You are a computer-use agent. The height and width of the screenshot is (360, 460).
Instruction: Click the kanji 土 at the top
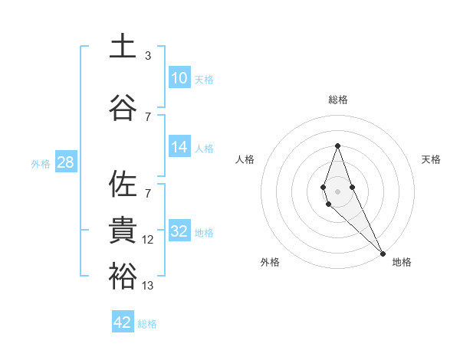point(123,46)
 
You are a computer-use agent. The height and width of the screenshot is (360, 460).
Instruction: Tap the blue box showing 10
point(179,78)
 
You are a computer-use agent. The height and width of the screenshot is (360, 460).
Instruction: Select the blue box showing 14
point(179,147)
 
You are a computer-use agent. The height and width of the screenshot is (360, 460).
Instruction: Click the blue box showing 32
point(179,231)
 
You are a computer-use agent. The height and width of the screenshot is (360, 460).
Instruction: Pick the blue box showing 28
point(65,162)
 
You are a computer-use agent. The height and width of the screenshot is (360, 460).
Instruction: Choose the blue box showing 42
point(123,322)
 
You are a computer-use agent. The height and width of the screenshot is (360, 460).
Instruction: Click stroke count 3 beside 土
point(148,56)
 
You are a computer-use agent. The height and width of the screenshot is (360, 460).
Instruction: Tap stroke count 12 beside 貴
point(148,240)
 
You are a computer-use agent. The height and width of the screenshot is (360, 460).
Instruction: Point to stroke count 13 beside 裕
point(148,286)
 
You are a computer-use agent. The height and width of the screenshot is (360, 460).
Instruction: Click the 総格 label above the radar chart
point(337,100)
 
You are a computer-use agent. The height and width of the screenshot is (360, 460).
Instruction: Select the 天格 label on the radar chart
point(432,159)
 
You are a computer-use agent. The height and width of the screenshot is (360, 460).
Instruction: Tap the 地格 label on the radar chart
point(402,262)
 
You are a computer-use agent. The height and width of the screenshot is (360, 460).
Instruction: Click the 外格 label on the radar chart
point(270,262)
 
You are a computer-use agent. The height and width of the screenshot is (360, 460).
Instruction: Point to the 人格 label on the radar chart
point(245,159)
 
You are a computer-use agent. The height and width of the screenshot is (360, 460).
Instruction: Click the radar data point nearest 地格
point(383,253)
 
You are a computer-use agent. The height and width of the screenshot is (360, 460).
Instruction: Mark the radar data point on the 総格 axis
point(337,146)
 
